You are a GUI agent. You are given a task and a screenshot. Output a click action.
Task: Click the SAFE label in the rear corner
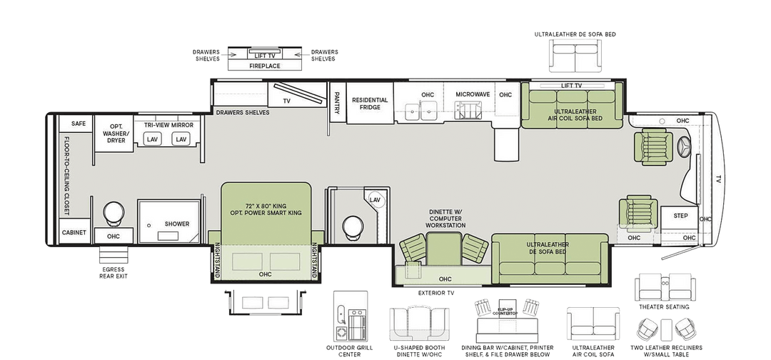79,124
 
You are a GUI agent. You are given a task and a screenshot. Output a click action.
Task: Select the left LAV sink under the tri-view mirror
152,139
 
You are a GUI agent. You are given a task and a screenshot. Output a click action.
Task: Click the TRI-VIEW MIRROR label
168,125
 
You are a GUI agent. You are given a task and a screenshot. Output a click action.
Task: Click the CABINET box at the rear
74,233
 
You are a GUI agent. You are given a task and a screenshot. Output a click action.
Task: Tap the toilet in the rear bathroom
113,212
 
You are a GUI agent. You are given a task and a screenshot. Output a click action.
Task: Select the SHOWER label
176,224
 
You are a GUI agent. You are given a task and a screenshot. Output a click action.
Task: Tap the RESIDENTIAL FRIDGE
370,104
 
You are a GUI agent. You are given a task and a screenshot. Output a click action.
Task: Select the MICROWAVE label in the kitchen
473,94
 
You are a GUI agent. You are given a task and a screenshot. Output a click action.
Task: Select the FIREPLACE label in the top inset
264,66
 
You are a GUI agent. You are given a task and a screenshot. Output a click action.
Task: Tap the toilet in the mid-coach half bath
351,226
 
